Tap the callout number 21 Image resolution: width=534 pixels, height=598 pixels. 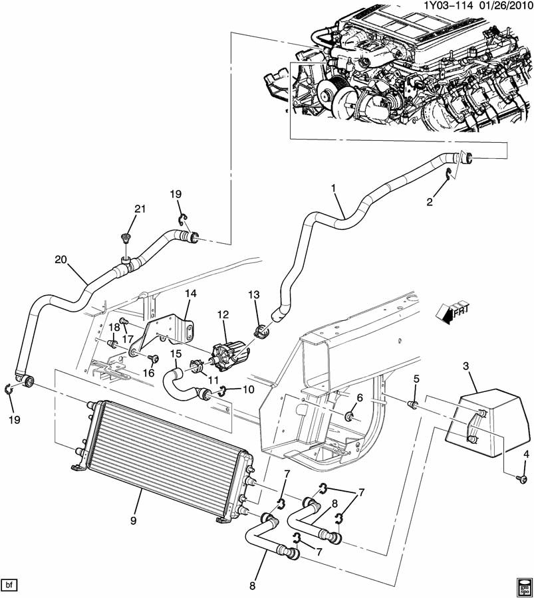[x=140, y=209]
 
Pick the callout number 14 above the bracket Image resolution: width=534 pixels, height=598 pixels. [x=191, y=293]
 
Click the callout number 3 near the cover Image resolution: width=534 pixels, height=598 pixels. [x=466, y=366]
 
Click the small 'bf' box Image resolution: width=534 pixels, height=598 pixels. [x=9, y=585]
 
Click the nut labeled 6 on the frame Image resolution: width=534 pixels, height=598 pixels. [x=350, y=417]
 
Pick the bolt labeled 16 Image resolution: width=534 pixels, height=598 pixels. [x=152, y=358]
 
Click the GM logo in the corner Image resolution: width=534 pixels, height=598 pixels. [x=521, y=585]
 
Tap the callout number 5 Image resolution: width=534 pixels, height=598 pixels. [x=415, y=379]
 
